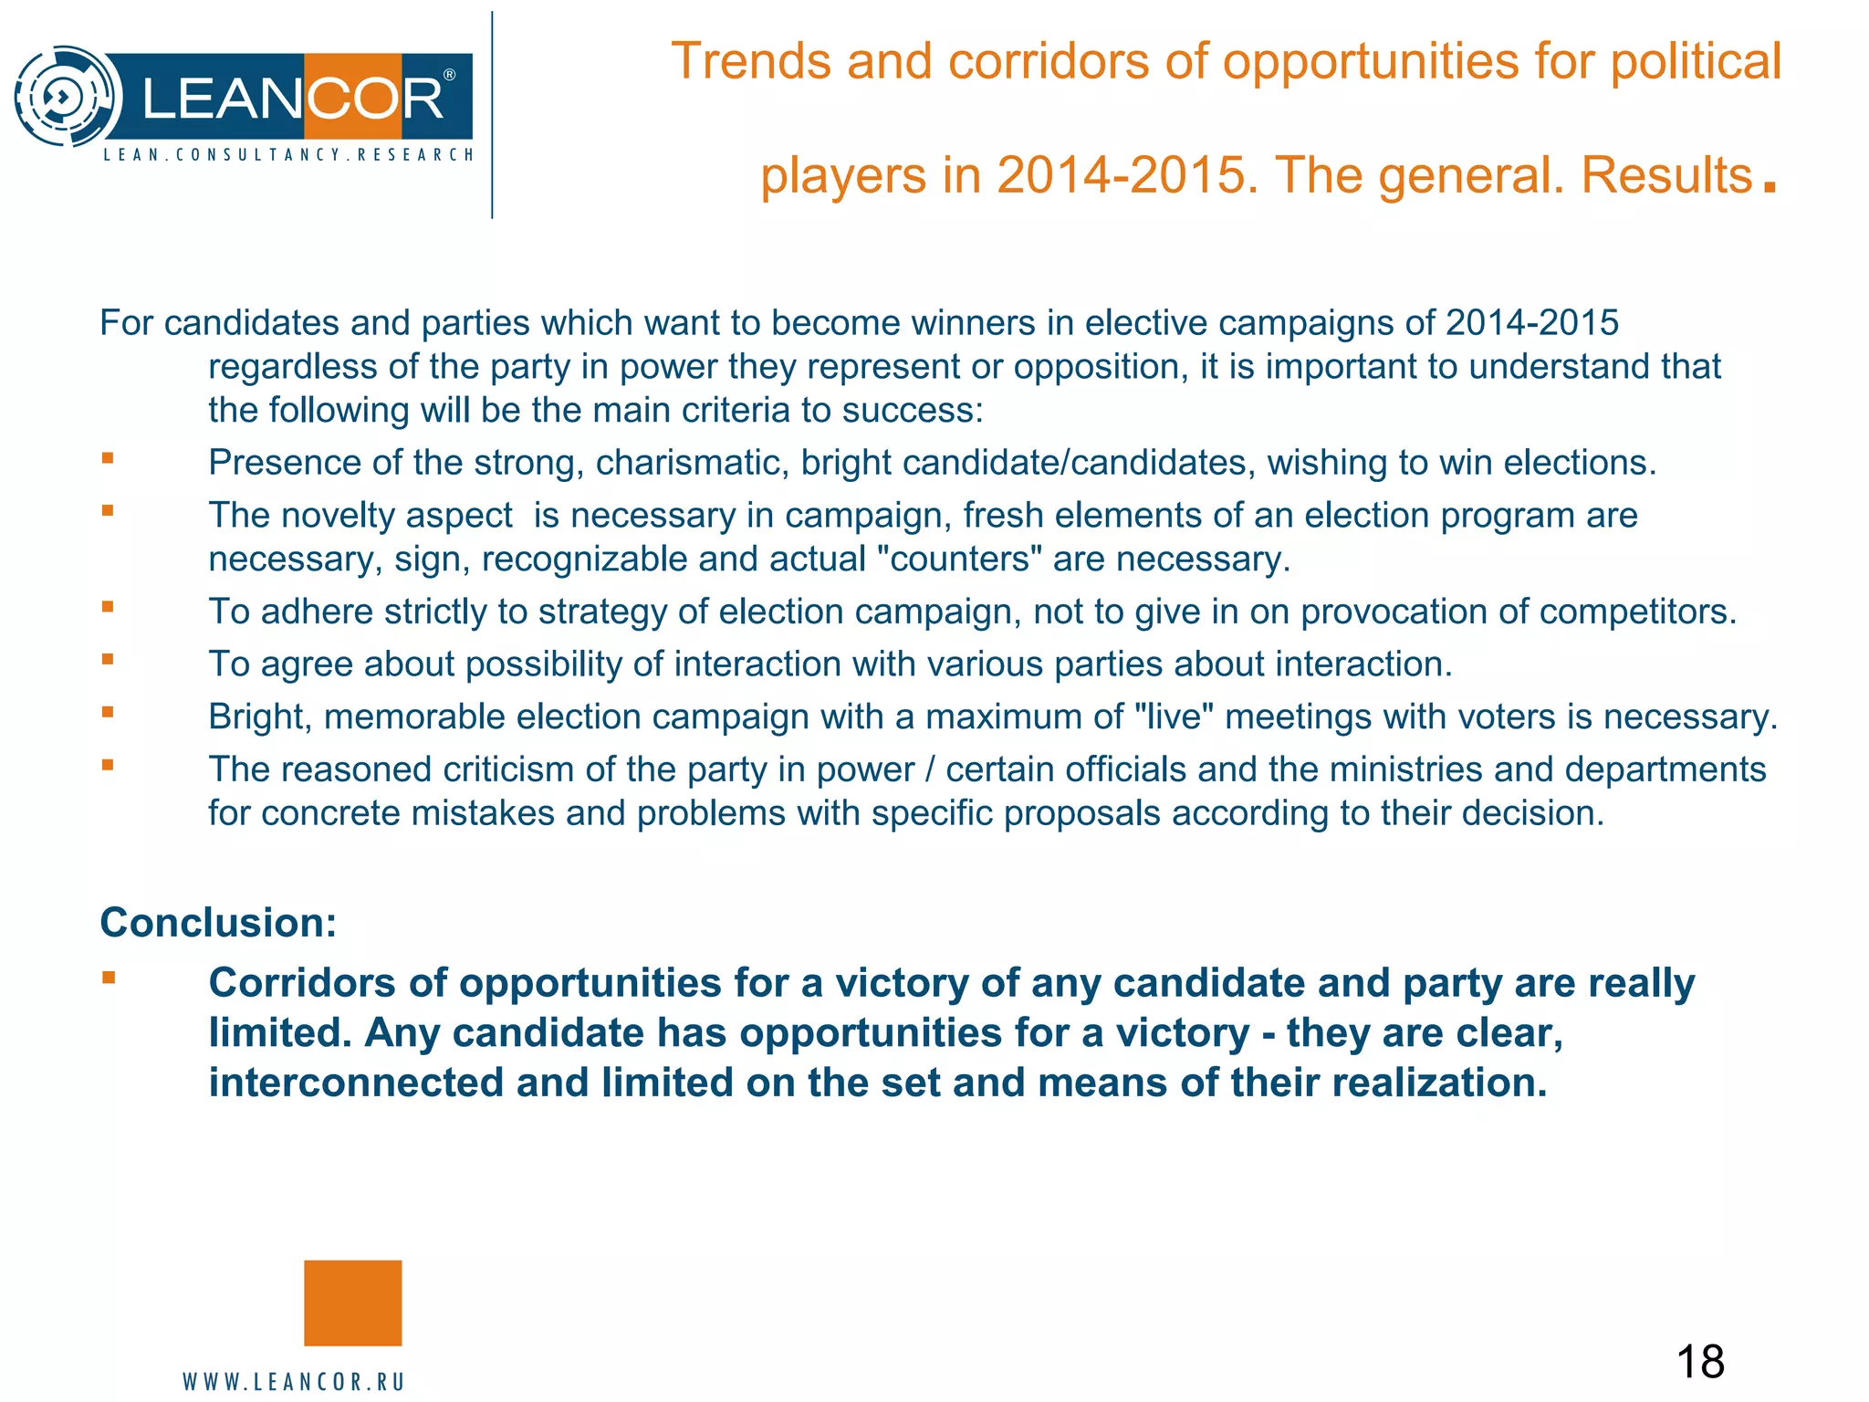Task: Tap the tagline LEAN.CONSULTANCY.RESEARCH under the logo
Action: (x=288, y=155)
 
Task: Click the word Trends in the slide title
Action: (x=751, y=62)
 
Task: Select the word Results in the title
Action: (x=1666, y=175)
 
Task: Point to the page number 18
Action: (x=1700, y=1362)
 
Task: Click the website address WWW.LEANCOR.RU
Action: (x=294, y=1382)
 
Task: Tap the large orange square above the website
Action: (x=352, y=1303)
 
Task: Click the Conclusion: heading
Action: (x=218, y=923)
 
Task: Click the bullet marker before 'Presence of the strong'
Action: (x=108, y=459)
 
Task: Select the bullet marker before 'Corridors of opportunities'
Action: (x=109, y=978)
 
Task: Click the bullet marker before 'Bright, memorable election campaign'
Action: (x=108, y=713)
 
